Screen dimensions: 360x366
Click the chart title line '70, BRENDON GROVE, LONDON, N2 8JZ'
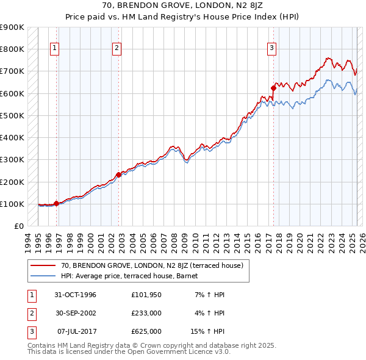183,7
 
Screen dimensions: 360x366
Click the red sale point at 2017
273,88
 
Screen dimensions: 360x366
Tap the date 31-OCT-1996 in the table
75,295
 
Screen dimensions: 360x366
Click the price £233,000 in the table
146,313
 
